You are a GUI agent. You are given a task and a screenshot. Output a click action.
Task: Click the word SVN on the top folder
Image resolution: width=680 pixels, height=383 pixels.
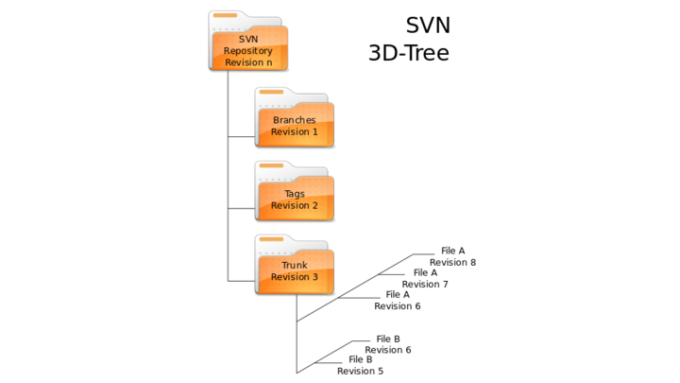click(x=248, y=39)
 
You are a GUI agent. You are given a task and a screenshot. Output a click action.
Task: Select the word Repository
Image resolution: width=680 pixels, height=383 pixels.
click(x=248, y=51)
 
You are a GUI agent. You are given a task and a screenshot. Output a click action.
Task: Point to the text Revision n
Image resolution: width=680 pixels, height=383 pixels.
click(x=248, y=62)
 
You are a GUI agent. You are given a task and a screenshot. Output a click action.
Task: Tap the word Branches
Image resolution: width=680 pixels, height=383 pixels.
click(x=295, y=120)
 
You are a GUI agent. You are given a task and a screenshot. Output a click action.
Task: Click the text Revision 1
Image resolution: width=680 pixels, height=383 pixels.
click(x=295, y=131)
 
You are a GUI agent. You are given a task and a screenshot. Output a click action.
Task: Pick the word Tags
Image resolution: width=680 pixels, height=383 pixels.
click(x=295, y=194)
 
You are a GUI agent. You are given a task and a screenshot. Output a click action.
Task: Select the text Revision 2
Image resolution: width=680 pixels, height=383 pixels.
click(x=295, y=205)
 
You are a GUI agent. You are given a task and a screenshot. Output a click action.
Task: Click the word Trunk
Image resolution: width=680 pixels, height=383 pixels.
click(x=295, y=266)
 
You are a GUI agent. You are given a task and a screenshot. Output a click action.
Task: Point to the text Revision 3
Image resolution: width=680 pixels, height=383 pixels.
click(x=295, y=277)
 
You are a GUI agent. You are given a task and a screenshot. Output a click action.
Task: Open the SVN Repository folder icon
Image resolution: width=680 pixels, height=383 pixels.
click(x=248, y=43)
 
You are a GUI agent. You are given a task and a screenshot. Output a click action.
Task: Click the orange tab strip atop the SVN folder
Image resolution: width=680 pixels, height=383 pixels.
click(x=225, y=16)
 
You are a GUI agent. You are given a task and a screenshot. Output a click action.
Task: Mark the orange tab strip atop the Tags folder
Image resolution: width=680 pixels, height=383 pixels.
click(x=271, y=165)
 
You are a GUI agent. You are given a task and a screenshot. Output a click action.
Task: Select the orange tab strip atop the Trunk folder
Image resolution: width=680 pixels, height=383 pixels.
click(x=271, y=240)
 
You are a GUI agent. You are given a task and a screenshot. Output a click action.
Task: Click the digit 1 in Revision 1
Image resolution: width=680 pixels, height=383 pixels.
click(x=314, y=131)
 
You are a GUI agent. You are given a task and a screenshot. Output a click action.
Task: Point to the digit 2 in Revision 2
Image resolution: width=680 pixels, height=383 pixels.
click(x=314, y=205)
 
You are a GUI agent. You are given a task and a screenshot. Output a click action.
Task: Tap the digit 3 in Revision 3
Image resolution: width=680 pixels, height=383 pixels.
click(x=314, y=277)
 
